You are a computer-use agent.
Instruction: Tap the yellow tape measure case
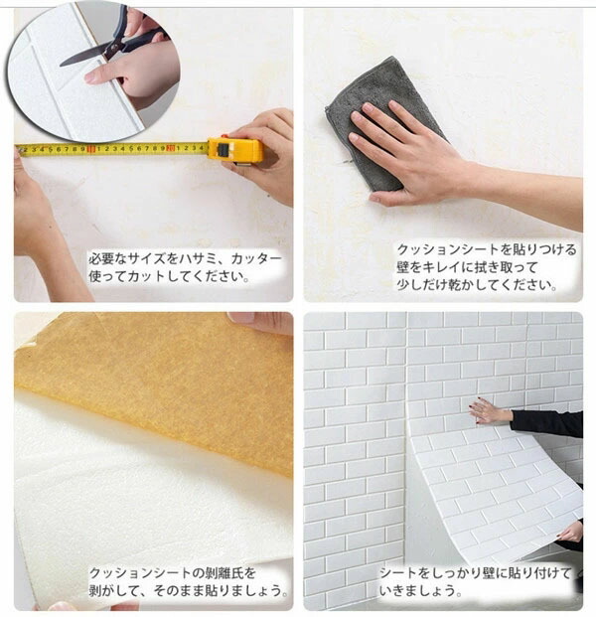(x=235, y=151)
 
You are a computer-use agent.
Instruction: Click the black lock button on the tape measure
(x=223, y=149)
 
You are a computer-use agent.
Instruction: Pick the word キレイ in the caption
(x=440, y=267)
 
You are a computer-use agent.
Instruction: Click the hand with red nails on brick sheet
(x=490, y=410)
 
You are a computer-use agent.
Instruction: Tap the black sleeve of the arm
(x=546, y=424)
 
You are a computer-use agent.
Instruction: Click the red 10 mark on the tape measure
(x=91, y=149)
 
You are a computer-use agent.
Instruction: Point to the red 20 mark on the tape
(x=170, y=148)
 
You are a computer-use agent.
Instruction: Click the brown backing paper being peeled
(x=157, y=386)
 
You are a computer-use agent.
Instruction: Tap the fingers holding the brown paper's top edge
(x=260, y=322)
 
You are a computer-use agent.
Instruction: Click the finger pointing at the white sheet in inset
(x=103, y=74)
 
